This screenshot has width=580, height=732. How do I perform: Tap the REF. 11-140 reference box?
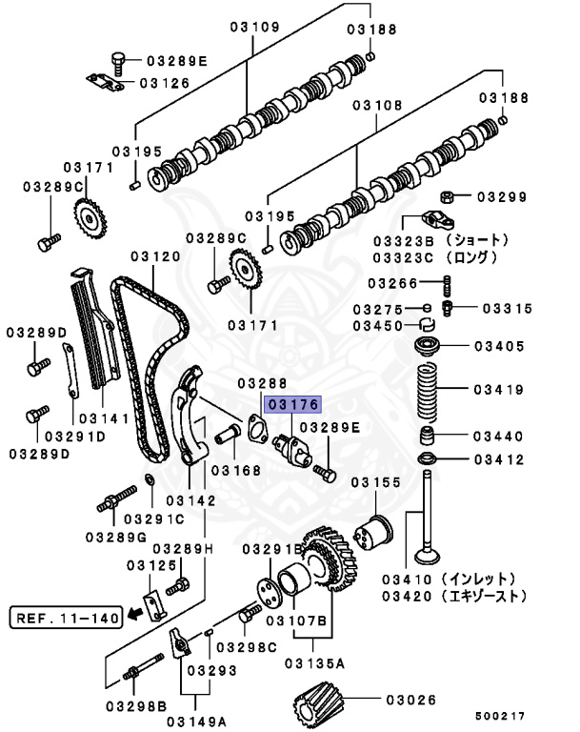click(x=66, y=618)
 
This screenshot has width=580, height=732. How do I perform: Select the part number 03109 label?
click(x=254, y=28)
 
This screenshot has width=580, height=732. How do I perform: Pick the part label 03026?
click(x=416, y=701)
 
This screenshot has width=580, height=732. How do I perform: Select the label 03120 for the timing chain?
click(x=155, y=256)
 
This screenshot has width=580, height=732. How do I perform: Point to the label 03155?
click(x=375, y=483)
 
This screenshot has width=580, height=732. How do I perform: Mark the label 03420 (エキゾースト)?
click(x=452, y=597)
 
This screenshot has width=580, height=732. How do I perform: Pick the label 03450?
click(x=379, y=326)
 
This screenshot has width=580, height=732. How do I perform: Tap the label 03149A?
click(x=207, y=720)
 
